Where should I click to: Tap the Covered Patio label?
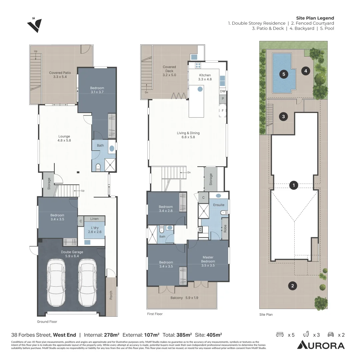tap(60, 75)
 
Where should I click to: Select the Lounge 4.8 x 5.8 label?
tap(64, 138)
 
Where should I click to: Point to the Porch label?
tap(111, 295)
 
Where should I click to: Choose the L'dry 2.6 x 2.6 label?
tap(94, 230)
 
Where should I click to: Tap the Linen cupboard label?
tap(94, 219)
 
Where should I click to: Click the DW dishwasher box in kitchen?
tap(223, 91)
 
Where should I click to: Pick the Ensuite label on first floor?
tap(219, 205)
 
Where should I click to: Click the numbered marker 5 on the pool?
tap(284, 74)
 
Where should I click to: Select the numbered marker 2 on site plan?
tap(292, 285)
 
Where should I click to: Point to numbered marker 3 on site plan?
tap(283, 117)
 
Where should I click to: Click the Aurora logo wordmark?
tap(321, 345)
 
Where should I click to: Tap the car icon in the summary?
tap(331, 335)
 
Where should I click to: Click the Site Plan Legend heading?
tap(315, 18)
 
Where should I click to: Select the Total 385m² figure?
tap(177, 335)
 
